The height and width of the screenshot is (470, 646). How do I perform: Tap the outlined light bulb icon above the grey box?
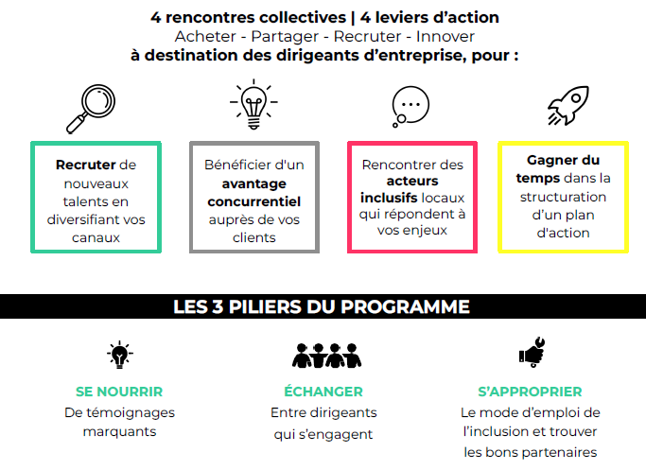coord(253,105)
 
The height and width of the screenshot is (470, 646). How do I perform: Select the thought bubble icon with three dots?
coord(410,106)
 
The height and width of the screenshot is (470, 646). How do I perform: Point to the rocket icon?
coord(568,106)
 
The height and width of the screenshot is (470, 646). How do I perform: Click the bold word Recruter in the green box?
coord(86,165)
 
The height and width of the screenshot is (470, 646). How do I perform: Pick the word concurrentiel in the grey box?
coord(254,201)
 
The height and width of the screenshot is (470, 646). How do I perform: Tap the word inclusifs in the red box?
coord(389,198)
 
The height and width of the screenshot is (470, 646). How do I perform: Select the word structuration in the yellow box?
coord(563,197)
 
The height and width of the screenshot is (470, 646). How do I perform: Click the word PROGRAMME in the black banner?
coord(406,307)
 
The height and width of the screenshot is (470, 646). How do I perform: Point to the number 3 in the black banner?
coord(218,307)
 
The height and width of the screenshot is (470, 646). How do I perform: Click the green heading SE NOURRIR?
coord(119,392)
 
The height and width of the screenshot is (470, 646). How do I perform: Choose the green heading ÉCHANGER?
coord(323,391)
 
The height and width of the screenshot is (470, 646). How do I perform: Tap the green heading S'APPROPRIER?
coord(531,392)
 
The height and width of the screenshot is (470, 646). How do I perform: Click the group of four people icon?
coord(326,356)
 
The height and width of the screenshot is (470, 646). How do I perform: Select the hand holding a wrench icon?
coord(533,352)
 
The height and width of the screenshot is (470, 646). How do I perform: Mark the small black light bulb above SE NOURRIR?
coord(120,355)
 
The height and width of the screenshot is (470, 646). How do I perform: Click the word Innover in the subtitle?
coord(445,36)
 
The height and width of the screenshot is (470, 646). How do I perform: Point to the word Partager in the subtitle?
coord(285,37)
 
